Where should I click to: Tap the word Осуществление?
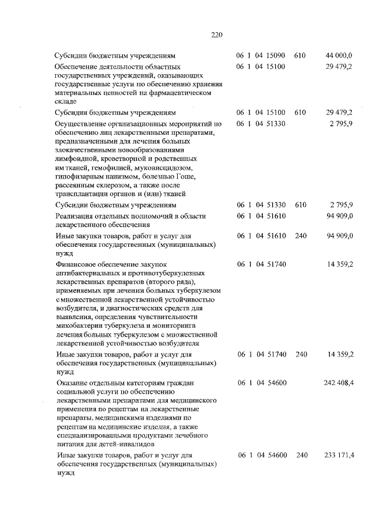point(80,124)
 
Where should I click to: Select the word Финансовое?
point(75,264)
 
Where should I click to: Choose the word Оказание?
point(71,383)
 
